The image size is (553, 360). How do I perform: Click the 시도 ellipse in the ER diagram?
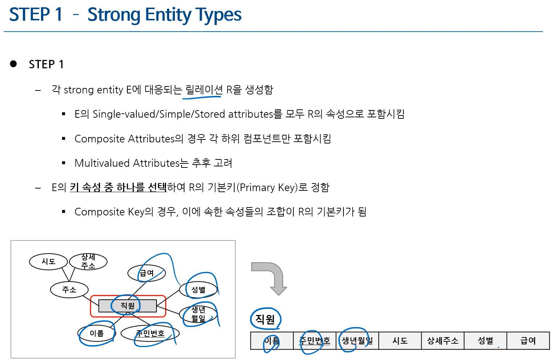[x=48, y=262]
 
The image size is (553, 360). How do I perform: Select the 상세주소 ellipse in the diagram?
[x=88, y=262]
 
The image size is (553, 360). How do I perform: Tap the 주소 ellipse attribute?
[x=69, y=290]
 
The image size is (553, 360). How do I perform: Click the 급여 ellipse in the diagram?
[x=147, y=273]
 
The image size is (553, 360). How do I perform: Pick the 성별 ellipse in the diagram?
[x=198, y=290]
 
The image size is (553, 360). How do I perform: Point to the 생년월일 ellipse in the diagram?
[x=198, y=314]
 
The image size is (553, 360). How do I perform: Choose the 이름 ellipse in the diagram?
[x=97, y=333]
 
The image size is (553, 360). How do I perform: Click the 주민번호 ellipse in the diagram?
[x=150, y=333]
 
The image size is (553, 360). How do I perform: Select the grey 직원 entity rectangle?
[x=127, y=306]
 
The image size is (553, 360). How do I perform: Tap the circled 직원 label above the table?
[x=265, y=319]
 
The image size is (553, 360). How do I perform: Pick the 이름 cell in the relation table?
[x=272, y=341]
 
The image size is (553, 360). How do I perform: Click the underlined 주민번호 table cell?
[x=314, y=341]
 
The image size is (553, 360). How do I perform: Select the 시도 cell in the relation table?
[x=400, y=341]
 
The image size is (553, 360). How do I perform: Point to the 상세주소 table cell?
[x=443, y=341]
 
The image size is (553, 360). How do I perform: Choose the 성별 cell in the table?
[x=485, y=341]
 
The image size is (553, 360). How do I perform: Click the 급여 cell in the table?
[x=528, y=341]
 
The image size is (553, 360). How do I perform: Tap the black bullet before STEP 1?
[x=13, y=64]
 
